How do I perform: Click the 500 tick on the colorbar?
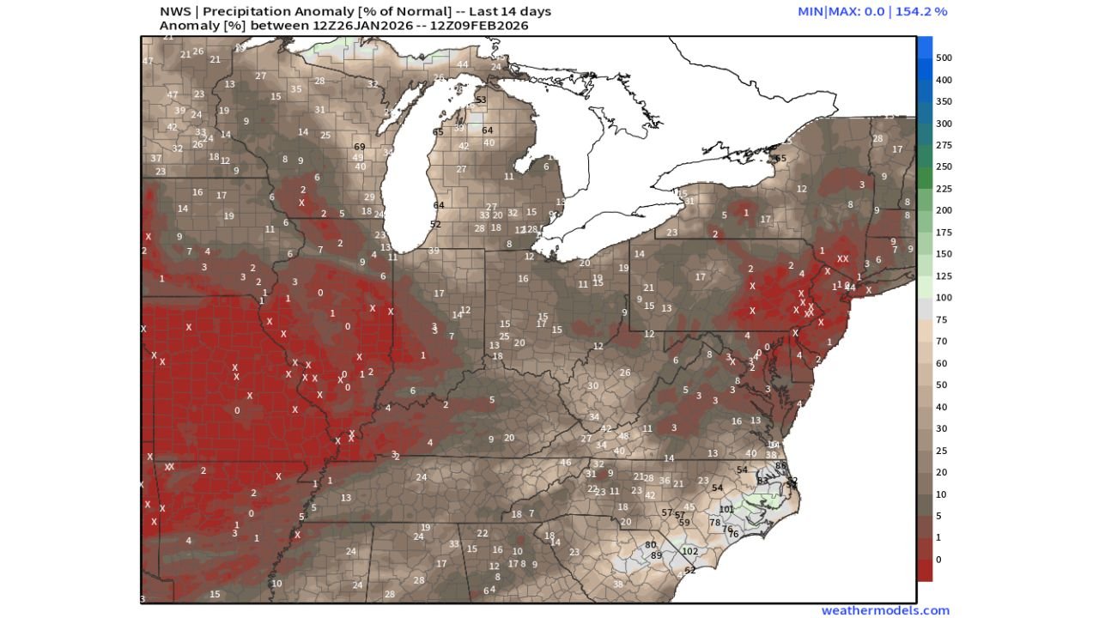tap(944, 58)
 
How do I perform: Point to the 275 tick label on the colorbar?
tap(944, 145)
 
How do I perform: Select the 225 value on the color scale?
tap(944, 188)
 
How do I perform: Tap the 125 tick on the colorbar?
tap(944, 276)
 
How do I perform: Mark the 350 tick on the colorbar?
tap(944, 101)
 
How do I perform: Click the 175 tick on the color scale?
tap(944, 232)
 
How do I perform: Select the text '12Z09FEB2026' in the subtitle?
tap(484, 26)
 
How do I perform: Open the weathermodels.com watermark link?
tap(885, 610)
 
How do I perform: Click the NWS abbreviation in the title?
tap(175, 12)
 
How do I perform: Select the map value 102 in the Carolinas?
tap(689, 551)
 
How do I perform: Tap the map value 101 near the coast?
tap(726, 509)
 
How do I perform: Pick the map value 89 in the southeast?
tap(657, 555)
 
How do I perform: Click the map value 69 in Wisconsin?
tap(360, 147)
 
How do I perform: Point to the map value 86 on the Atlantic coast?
tap(780, 465)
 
